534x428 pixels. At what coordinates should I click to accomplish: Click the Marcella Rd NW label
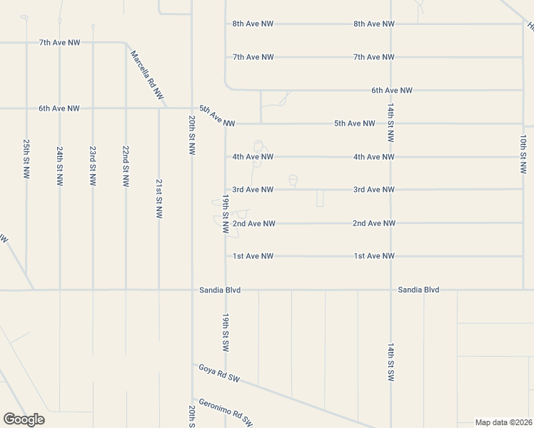click(146, 73)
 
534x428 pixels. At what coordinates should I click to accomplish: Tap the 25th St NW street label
click(26, 158)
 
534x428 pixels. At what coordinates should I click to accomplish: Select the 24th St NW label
click(60, 166)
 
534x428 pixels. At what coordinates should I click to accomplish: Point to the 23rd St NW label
click(93, 166)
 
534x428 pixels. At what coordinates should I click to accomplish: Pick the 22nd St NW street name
click(126, 166)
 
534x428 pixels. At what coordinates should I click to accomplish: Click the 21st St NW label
click(158, 198)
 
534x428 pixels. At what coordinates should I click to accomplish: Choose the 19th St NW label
click(225, 214)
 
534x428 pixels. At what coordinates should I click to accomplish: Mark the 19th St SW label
click(225, 333)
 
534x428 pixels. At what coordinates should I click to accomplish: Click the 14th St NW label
click(391, 122)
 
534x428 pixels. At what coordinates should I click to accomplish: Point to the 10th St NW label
click(523, 153)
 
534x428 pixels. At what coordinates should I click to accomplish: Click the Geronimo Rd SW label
click(226, 412)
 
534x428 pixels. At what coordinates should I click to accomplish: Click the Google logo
click(24, 419)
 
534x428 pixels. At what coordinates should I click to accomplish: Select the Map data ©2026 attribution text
click(503, 422)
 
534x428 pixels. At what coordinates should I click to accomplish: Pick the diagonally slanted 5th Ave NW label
click(217, 116)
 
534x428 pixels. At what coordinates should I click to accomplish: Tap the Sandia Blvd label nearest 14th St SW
click(418, 290)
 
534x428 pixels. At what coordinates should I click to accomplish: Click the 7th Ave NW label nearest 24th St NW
click(59, 43)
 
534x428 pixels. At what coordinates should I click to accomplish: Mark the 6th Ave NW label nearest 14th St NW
click(392, 91)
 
